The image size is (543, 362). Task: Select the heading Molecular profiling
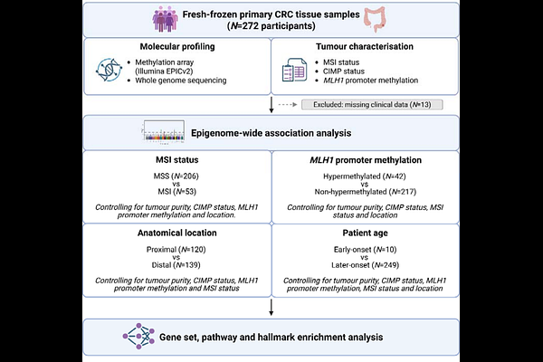(176, 47)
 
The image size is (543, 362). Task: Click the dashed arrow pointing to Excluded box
(288, 105)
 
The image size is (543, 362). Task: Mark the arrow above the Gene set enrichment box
(271, 310)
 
